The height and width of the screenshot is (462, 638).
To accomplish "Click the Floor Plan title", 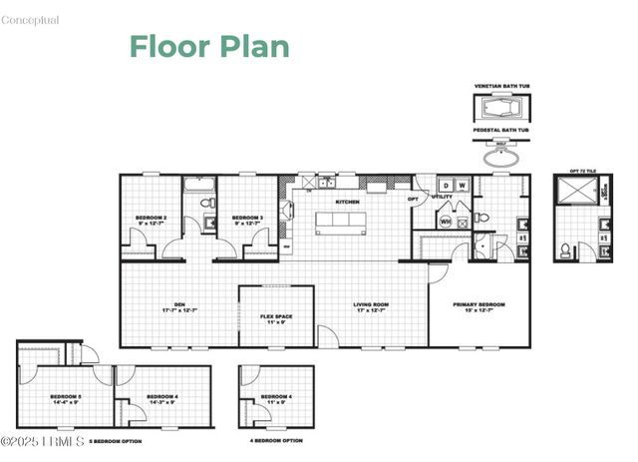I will tap(209, 46).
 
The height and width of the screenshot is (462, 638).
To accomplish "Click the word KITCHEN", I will tap(347, 203).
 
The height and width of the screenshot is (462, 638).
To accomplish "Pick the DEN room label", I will tap(179, 307).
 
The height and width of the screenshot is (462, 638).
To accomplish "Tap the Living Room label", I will tap(370, 307).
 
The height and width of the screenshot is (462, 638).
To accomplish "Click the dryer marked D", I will tap(447, 185).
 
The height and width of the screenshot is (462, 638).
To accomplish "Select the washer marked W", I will tap(462, 185).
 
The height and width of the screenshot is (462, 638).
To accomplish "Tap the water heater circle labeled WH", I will tap(446, 221).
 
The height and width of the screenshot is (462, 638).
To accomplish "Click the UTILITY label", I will tap(442, 198).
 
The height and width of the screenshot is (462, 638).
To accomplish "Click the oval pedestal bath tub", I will tap(502, 156).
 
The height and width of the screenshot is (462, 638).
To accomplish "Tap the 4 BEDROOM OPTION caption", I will tap(275, 440).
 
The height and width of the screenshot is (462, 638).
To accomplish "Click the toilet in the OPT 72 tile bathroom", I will tap(564, 248).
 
